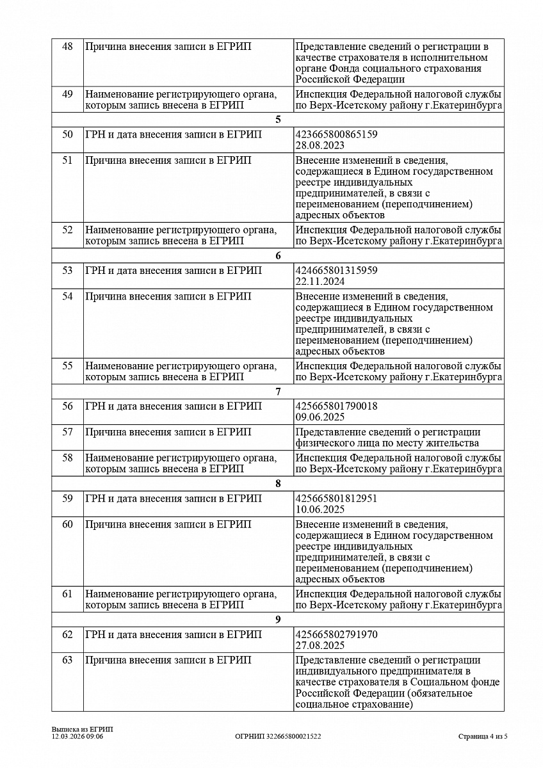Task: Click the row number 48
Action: (x=67, y=47)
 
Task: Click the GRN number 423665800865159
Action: (x=336, y=134)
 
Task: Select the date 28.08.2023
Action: (x=320, y=145)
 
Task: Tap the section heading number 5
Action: (x=278, y=120)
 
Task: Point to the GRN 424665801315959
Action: (x=336, y=271)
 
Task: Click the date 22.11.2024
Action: (x=320, y=282)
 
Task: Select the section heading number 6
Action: (x=278, y=256)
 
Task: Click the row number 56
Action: (x=67, y=406)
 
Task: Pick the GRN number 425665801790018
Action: (x=336, y=406)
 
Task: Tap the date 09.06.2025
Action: (x=320, y=417)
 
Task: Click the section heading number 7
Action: (x=278, y=392)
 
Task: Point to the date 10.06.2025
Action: (x=320, y=509)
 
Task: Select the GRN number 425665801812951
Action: (x=336, y=499)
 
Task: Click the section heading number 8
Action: (x=278, y=484)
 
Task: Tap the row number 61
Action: (x=67, y=594)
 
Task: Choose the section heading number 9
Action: (x=278, y=620)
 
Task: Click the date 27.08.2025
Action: (x=320, y=645)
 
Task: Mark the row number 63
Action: (x=67, y=660)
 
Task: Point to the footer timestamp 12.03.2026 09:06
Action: (x=77, y=737)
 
